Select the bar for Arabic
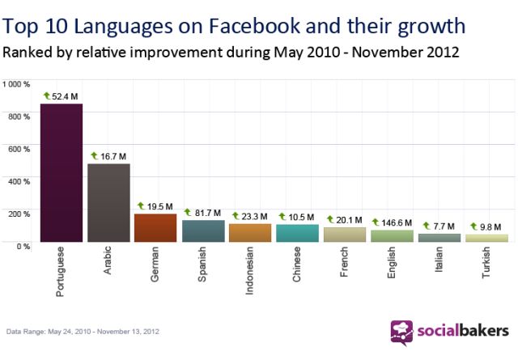(108, 202)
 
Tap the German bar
(155, 227)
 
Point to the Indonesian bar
(250, 232)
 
